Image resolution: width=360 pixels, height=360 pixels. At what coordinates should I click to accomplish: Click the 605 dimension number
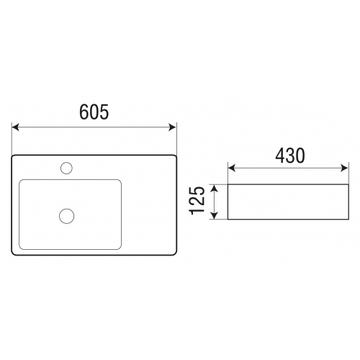(94, 112)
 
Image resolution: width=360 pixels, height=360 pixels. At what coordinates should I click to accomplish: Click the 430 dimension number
(290, 156)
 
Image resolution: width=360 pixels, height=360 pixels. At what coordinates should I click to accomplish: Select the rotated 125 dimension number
(197, 200)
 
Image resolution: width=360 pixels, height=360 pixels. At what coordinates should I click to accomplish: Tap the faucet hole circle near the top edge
(66, 168)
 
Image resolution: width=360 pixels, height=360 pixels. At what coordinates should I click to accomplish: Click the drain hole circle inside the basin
(67, 216)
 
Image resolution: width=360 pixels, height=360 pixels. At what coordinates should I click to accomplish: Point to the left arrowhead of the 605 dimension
(15, 127)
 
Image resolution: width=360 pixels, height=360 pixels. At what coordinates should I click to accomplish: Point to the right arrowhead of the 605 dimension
(173, 127)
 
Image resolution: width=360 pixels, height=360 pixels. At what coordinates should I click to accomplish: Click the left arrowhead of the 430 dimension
(231, 168)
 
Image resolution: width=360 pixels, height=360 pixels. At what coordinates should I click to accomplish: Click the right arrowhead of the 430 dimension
(344, 168)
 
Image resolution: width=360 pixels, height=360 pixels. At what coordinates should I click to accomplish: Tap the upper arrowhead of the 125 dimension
(215, 188)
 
